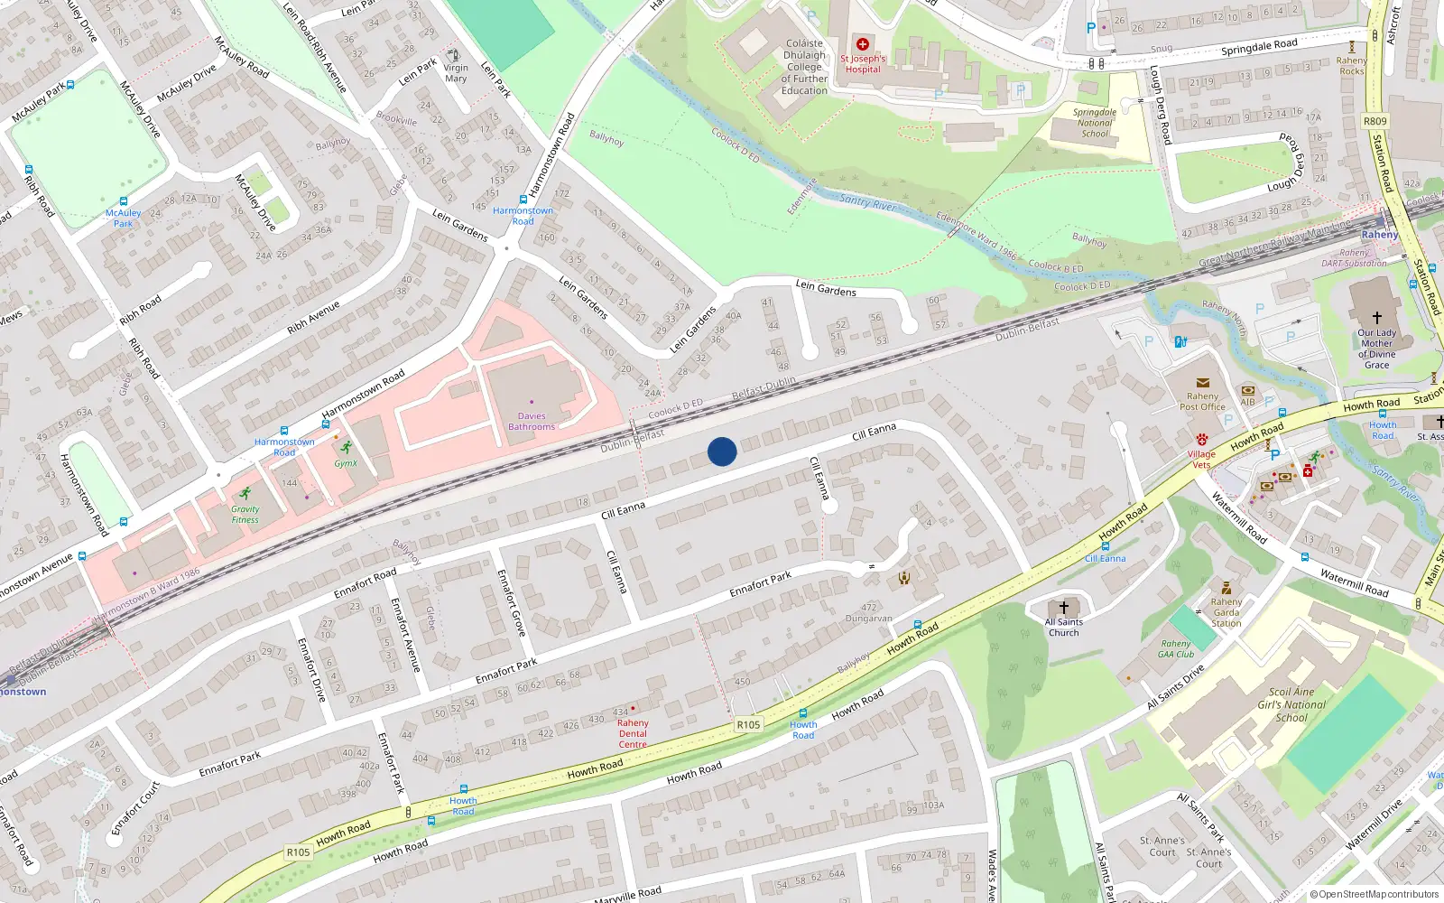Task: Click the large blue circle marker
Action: point(722,451)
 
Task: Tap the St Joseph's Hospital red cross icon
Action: point(863,44)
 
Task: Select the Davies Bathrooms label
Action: point(532,422)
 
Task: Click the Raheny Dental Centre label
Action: point(633,733)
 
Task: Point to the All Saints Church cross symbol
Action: point(1063,607)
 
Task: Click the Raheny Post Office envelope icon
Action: point(1202,383)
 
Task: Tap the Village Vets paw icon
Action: point(1202,440)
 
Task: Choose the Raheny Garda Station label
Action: point(1226,612)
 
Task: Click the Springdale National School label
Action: point(1095,123)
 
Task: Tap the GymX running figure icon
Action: point(346,447)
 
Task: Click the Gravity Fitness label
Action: point(245,514)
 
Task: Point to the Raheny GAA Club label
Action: point(1176,649)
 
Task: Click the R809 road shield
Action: point(1375,121)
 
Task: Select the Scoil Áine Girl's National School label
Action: point(1291,704)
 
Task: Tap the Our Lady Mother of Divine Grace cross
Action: point(1376,318)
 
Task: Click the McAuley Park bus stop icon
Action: point(124,201)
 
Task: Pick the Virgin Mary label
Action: point(456,73)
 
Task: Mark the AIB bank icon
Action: point(1248,391)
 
